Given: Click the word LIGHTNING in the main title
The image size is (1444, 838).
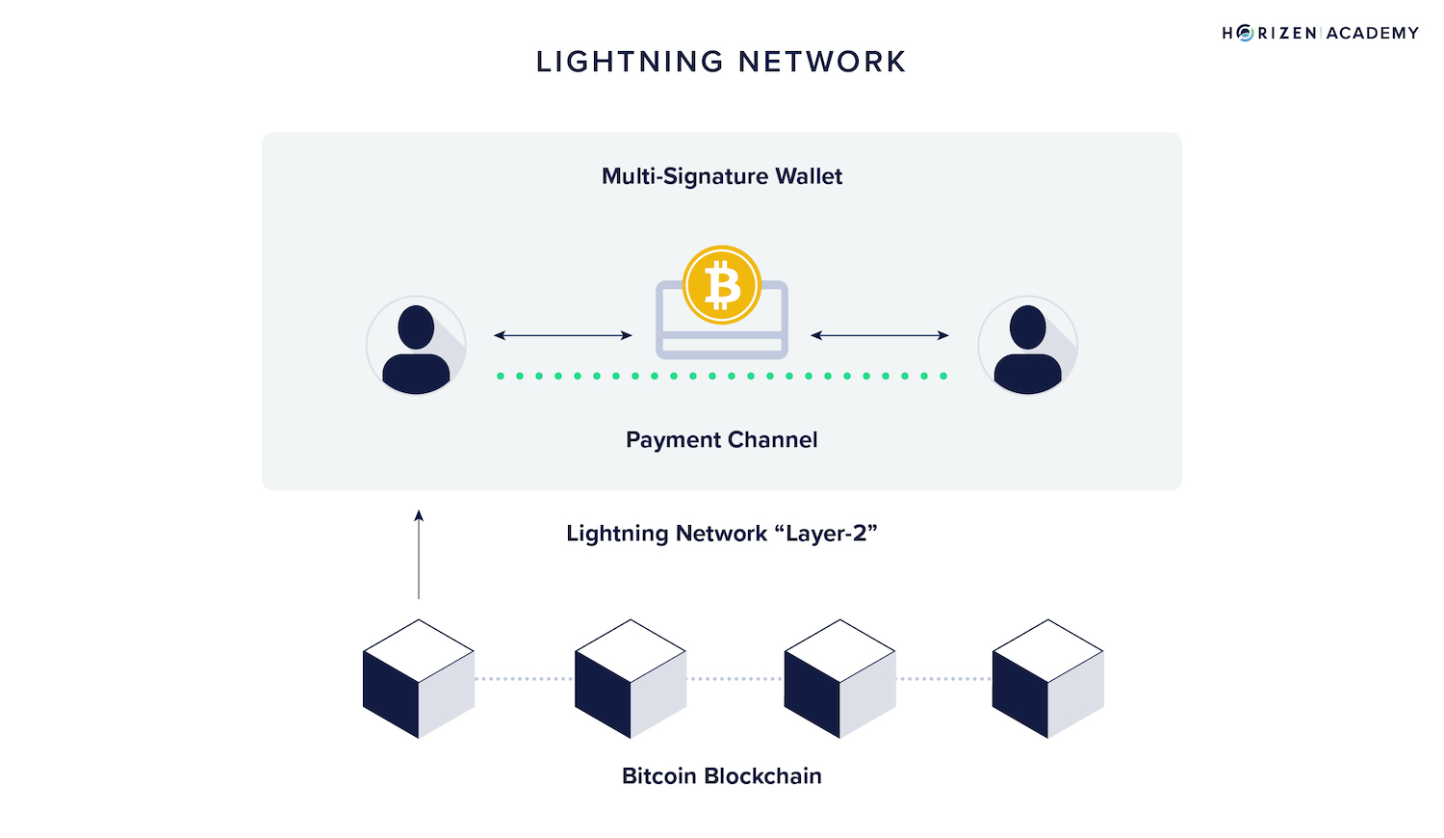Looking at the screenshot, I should (x=630, y=62).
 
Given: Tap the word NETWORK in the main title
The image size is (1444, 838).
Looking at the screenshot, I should (x=822, y=62).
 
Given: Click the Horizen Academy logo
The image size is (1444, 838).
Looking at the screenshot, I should (x=1320, y=33).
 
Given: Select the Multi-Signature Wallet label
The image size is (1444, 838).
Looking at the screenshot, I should (x=722, y=176).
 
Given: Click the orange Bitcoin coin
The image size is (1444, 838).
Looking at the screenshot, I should (x=722, y=285).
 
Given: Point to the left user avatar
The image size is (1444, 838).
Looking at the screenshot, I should (x=416, y=346).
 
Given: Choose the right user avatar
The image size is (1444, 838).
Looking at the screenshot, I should (x=1027, y=346).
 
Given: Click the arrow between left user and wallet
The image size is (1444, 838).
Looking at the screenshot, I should (x=563, y=335).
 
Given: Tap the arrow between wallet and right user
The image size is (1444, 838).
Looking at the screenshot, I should (x=880, y=335).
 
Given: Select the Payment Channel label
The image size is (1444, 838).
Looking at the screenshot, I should (x=722, y=440).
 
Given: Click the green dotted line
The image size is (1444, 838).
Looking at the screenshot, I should (x=722, y=376).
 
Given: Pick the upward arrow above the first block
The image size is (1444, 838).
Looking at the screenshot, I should (x=419, y=555).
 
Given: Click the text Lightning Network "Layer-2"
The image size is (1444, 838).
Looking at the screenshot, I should (x=722, y=534).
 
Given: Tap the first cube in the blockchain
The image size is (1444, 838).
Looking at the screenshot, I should (x=419, y=679).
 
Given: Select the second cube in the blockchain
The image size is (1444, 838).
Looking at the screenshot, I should (x=631, y=679).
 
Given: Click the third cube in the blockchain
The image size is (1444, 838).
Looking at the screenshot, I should (x=840, y=679).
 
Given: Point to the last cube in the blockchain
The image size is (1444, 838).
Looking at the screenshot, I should (x=1048, y=679).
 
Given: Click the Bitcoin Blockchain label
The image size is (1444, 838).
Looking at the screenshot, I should (x=722, y=776).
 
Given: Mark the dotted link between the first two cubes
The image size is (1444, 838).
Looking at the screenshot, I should (x=525, y=679).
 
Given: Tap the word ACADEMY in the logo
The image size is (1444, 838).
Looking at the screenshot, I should (x=1373, y=33).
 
